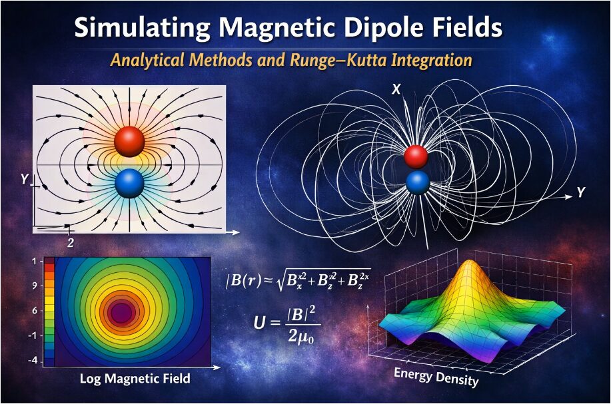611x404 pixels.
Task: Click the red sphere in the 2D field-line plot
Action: [129, 142]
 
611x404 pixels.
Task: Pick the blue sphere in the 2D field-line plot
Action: [130, 184]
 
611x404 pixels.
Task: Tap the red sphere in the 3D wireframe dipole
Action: [416, 157]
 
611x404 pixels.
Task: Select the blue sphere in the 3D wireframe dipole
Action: [418, 183]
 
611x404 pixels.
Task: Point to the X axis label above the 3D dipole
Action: [396, 90]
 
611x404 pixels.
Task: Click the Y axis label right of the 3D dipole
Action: [580, 192]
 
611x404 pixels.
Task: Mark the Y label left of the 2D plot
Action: [25, 179]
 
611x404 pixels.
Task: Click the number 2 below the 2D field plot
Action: [70, 243]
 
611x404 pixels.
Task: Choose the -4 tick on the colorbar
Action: [33, 361]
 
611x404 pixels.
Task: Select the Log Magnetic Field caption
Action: [135, 379]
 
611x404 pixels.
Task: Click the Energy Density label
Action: [436, 377]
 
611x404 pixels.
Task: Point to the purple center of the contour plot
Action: [121, 313]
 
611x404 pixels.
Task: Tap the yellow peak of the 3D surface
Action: [470, 268]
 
